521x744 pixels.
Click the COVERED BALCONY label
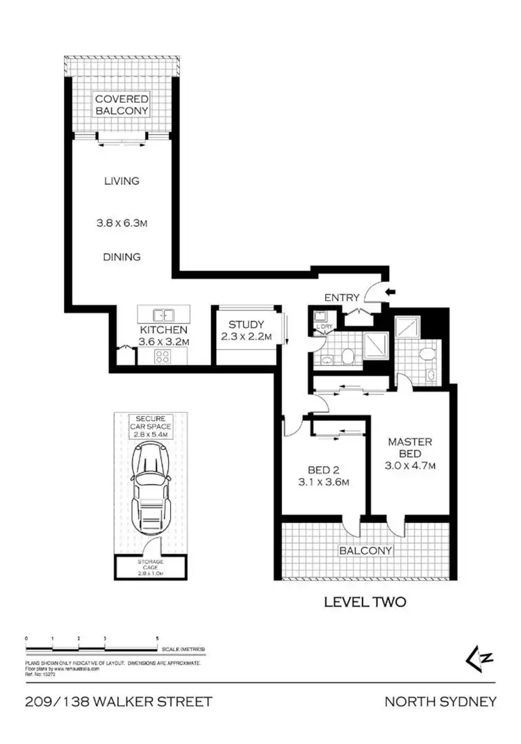(x=122, y=106)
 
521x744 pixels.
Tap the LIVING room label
(x=122, y=181)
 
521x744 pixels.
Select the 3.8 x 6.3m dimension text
(x=122, y=224)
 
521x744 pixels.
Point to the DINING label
(x=122, y=257)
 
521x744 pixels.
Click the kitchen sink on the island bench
(x=161, y=315)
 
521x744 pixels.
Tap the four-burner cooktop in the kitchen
(x=163, y=357)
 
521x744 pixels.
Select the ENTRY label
(x=342, y=298)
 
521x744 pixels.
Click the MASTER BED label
(x=410, y=448)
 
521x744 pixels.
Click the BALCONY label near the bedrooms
(x=365, y=551)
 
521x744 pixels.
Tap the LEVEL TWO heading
(x=365, y=602)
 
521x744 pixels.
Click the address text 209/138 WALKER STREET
(x=117, y=702)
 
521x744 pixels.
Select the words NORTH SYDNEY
(x=440, y=702)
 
